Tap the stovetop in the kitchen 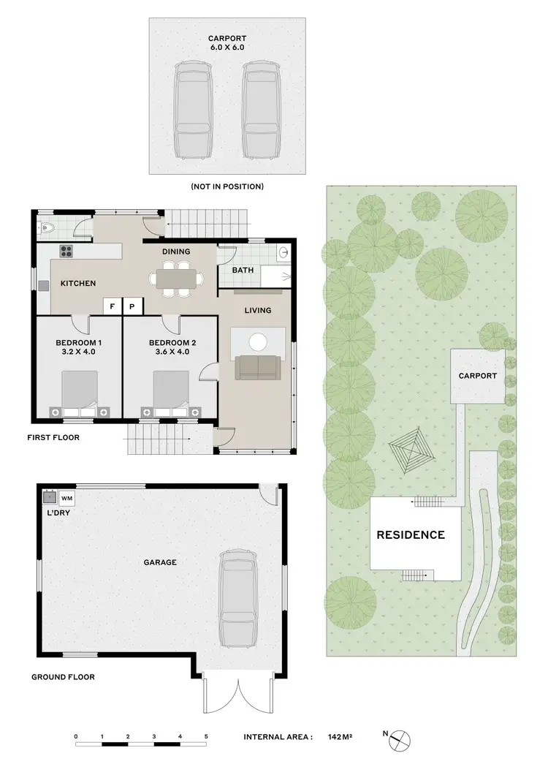point(66,251)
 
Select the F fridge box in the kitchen point(113,307)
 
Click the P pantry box point(133,307)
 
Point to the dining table point(176,278)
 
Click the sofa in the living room point(256,367)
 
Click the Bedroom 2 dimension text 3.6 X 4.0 point(170,352)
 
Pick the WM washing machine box point(66,498)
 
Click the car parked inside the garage point(237,598)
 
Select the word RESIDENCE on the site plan point(410,535)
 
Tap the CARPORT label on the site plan point(477,376)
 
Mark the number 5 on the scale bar point(206,736)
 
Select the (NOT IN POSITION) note point(227,186)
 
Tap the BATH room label point(243,270)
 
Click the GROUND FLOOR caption point(63,677)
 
